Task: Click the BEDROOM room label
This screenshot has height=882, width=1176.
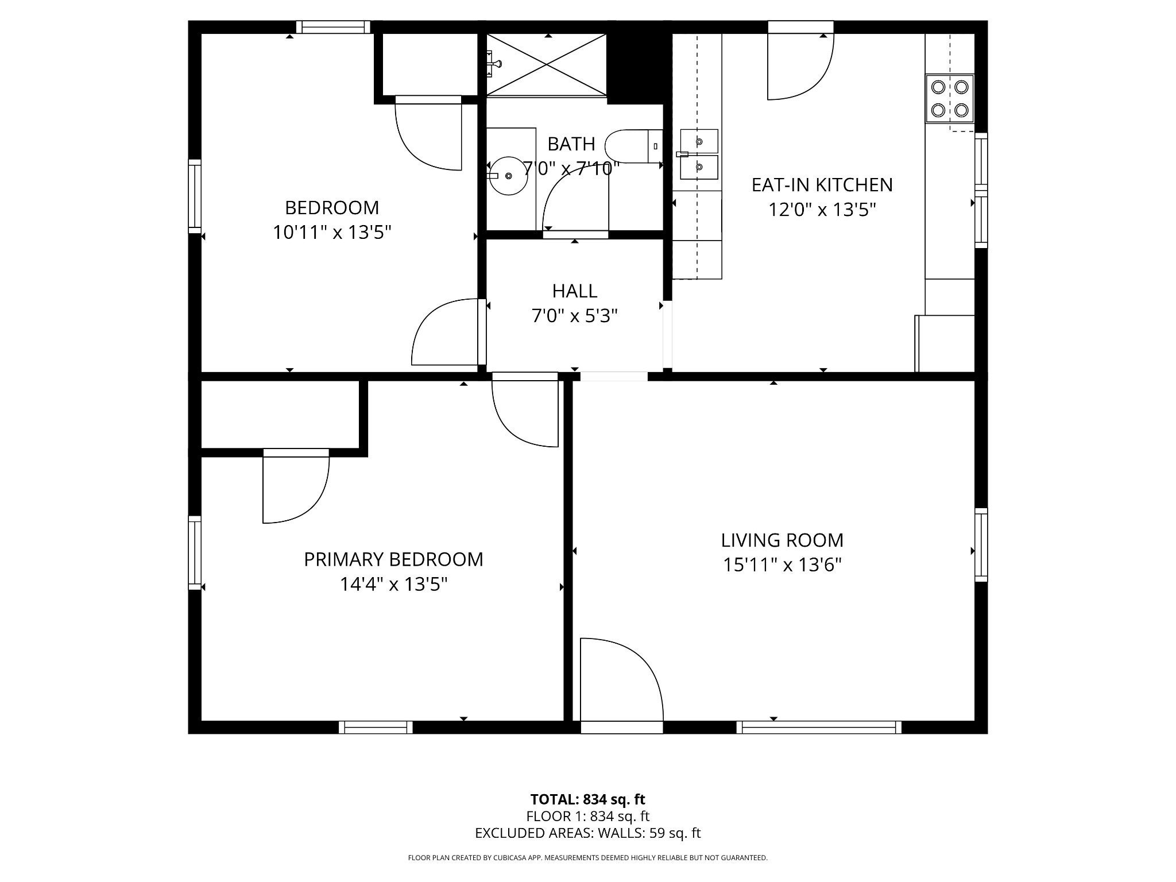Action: click(332, 207)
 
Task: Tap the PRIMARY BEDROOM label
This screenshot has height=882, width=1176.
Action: click(393, 559)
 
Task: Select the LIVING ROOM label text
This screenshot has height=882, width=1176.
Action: click(782, 540)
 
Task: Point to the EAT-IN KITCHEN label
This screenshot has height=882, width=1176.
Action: click(822, 185)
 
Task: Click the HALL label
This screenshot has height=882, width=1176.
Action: click(575, 291)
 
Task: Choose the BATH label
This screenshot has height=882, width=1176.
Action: click(571, 144)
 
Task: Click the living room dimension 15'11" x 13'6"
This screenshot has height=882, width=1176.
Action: click(782, 566)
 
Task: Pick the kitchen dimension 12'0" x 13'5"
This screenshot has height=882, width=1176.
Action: click(822, 210)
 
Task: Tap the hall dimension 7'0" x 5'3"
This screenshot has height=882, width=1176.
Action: click(575, 316)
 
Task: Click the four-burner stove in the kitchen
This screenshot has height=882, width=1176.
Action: click(950, 98)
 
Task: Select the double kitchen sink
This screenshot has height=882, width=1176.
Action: click(699, 154)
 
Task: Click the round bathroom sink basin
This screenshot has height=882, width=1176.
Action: click(508, 176)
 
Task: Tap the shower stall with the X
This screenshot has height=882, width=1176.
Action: click(546, 64)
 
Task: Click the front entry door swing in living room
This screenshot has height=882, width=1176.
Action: click(622, 686)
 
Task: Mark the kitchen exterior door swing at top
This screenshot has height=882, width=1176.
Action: click(800, 66)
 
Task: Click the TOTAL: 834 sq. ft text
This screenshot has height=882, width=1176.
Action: click(587, 799)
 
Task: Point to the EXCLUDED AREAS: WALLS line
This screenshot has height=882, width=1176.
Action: click(587, 833)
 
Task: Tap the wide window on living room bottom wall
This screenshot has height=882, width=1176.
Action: click(819, 728)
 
